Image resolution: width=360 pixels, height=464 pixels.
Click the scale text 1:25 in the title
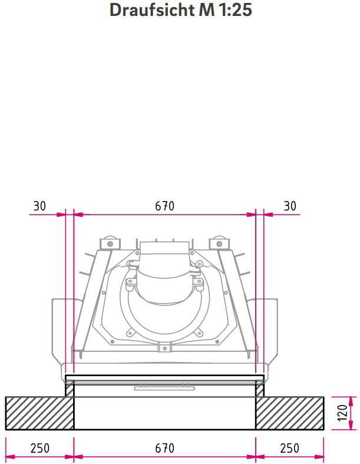tap(235, 10)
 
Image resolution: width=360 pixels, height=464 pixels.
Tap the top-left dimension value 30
tap(39, 206)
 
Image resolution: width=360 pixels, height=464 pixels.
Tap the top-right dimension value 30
tap(290, 206)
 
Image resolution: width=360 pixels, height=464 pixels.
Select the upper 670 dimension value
tap(165, 206)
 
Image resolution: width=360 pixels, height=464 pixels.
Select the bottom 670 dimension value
tap(165, 447)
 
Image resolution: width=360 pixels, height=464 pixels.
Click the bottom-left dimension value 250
tap(40, 447)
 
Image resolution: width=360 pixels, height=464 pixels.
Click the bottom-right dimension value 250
tap(290, 447)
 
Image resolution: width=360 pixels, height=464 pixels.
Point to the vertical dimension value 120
tap(342, 413)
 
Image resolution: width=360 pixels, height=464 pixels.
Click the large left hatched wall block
tap(39, 413)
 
